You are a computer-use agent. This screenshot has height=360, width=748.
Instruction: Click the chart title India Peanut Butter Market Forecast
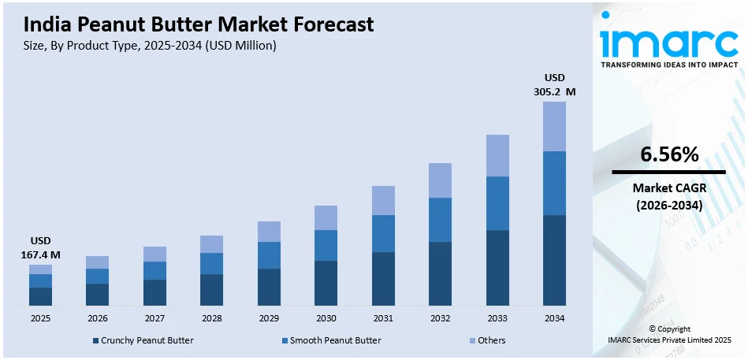(x=193, y=25)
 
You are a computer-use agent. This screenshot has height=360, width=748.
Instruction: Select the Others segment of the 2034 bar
(x=554, y=126)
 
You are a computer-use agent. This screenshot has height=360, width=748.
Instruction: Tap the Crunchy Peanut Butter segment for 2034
(x=554, y=260)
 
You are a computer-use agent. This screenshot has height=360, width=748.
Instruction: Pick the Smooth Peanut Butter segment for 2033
(x=497, y=203)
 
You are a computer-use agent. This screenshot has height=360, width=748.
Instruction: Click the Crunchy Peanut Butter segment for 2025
(x=40, y=296)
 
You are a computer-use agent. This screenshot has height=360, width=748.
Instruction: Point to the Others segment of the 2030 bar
(x=326, y=217)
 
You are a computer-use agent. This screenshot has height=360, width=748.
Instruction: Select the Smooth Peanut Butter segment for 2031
(x=383, y=233)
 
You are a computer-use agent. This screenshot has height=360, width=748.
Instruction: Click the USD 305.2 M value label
(x=554, y=84)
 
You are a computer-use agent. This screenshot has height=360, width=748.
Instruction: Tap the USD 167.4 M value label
(x=40, y=247)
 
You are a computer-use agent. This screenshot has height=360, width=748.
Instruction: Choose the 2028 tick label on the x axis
(x=211, y=318)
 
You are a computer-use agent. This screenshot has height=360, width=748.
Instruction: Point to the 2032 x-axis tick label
(x=440, y=318)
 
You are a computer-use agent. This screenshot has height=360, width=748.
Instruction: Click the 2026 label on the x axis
(x=97, y=318)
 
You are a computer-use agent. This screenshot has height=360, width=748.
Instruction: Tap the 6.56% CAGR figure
(x=669, y=155)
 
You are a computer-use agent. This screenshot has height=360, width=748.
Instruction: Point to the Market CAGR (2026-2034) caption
(x=669, y=196)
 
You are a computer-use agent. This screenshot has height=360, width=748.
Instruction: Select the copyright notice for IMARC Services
(x=669, y=334)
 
